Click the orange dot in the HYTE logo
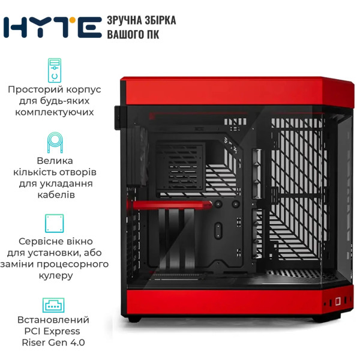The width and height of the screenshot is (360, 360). (73, 20)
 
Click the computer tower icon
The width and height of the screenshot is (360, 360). (55, 70)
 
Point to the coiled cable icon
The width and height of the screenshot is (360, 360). (55, 142)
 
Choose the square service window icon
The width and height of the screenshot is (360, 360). (55, 223)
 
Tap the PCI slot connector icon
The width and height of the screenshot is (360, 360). (53, 305)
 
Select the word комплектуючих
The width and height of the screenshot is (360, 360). (55, 112)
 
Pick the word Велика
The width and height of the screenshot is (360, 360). (55, 160)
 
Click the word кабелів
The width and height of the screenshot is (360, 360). (56, 194)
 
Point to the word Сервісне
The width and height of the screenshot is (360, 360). (38, 241)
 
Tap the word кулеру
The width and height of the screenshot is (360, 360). (56, 275)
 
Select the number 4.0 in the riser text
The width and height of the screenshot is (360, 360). (77, 343)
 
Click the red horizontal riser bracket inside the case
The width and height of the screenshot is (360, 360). (169, 205)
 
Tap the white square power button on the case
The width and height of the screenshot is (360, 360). (338, 301)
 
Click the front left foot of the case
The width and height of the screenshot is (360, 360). (134, 319)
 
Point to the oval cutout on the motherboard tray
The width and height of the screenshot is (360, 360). (218, 231)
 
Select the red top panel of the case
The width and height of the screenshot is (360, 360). (236, 91)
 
